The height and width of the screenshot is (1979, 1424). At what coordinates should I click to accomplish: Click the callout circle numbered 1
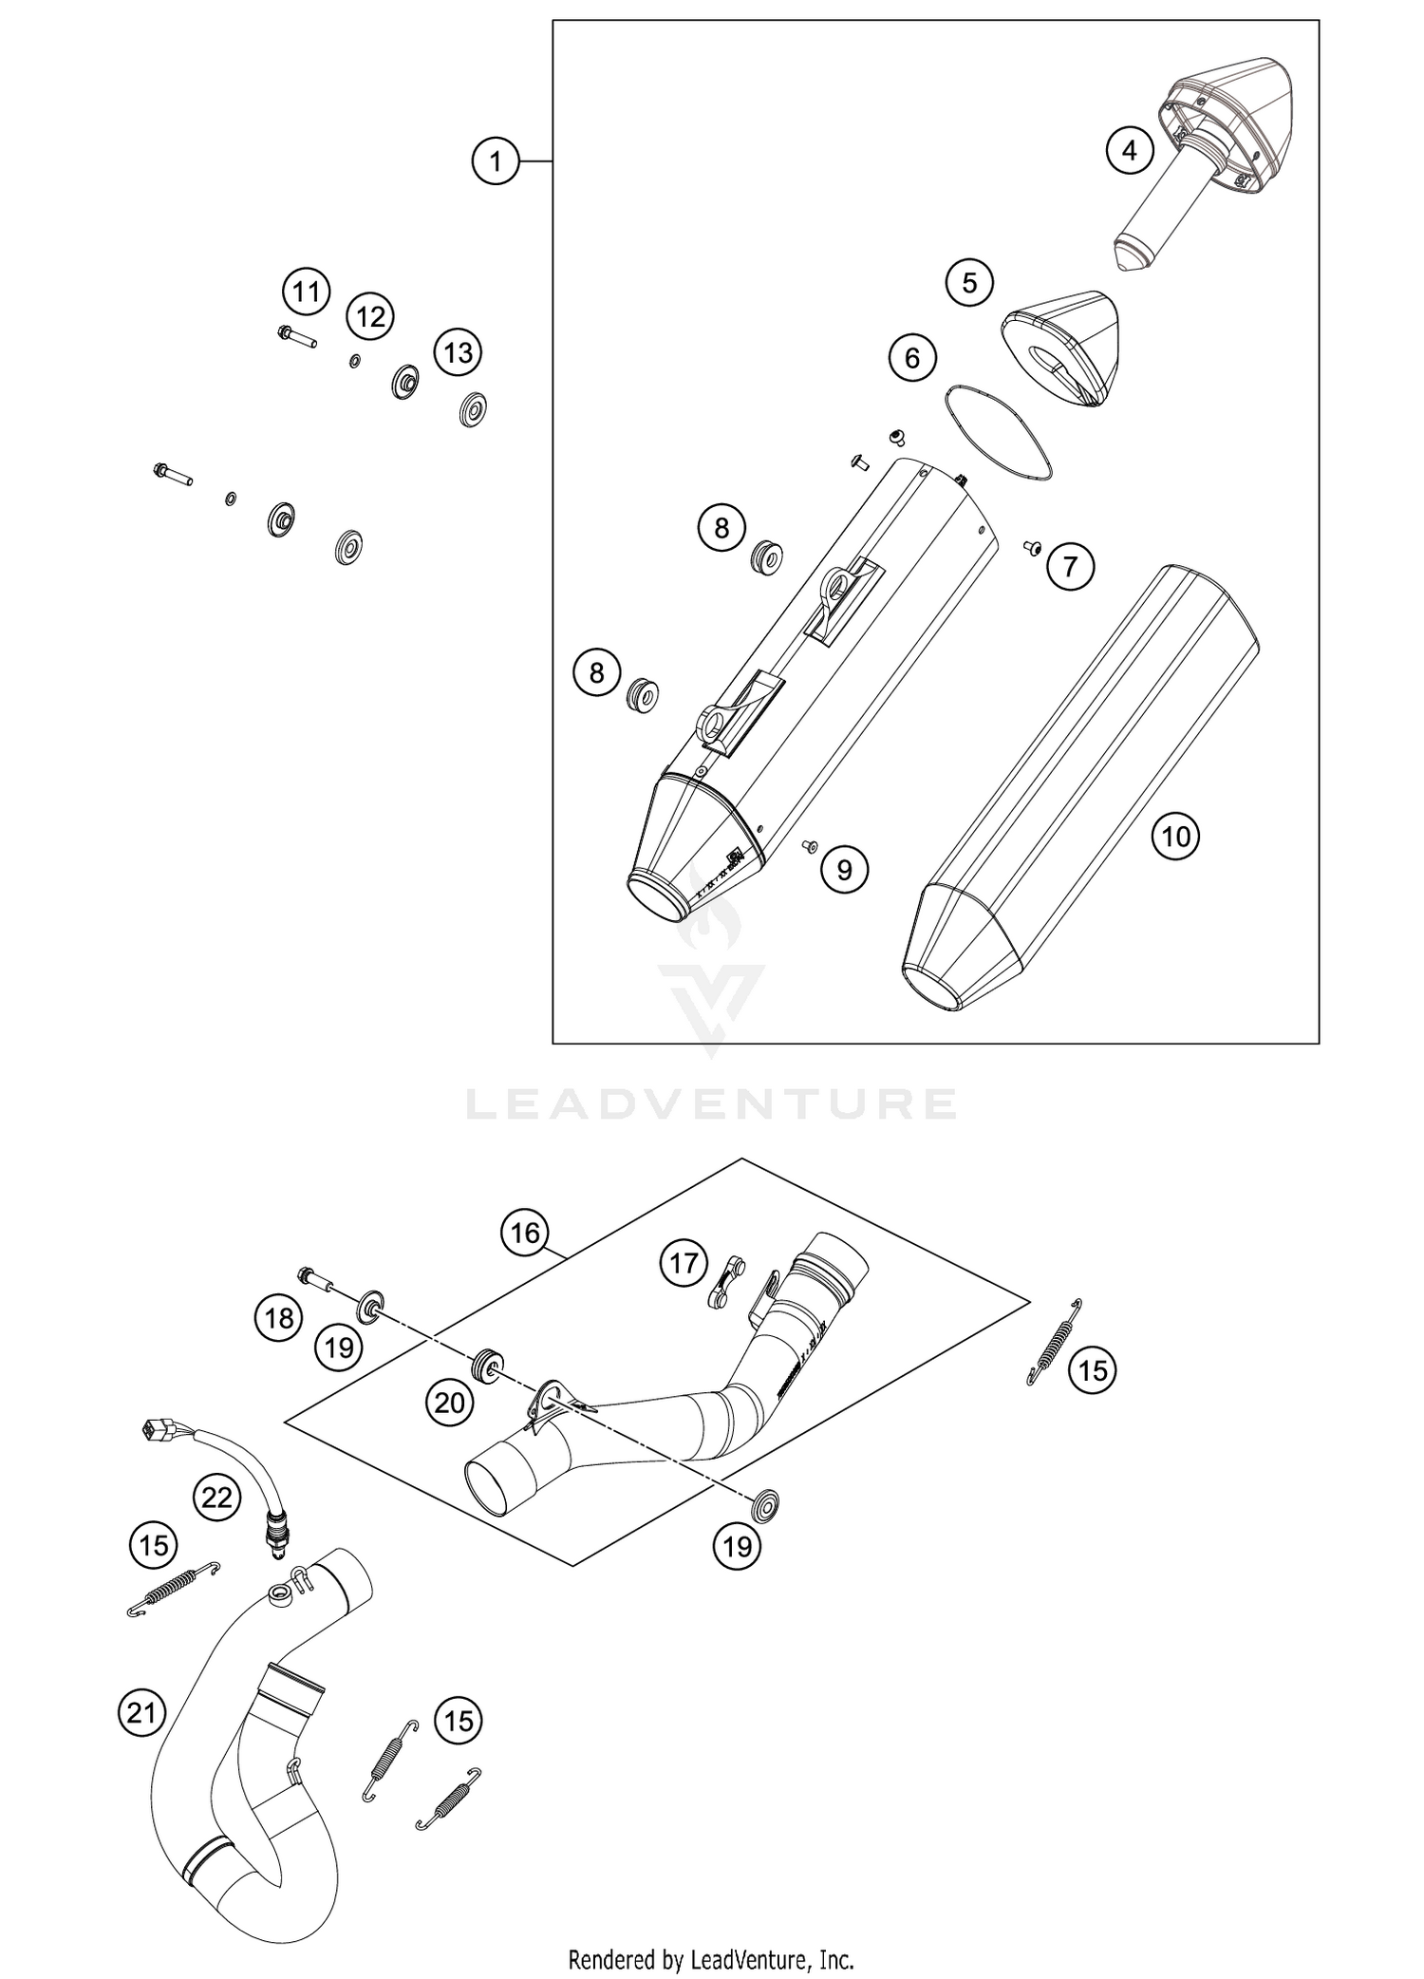[x=496, y=161]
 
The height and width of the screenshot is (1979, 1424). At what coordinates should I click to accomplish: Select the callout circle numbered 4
[x=1129, y=150]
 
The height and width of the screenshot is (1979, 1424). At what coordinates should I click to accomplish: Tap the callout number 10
[x=1175, y=837]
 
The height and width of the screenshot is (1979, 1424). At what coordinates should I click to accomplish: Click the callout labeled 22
[x=216, y=1498]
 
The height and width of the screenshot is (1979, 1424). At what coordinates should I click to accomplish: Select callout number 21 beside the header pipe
[x=141, y=1713]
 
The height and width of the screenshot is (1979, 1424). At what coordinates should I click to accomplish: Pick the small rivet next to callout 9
[x=810, y=844]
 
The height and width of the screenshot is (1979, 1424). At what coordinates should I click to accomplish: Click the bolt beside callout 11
[x=296, y=336]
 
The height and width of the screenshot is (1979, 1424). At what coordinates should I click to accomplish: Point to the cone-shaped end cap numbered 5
[x=1061, y=348]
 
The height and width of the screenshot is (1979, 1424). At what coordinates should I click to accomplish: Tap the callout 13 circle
[x=458, y=353]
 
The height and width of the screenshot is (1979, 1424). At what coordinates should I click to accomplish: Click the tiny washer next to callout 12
[x=354, y=361]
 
